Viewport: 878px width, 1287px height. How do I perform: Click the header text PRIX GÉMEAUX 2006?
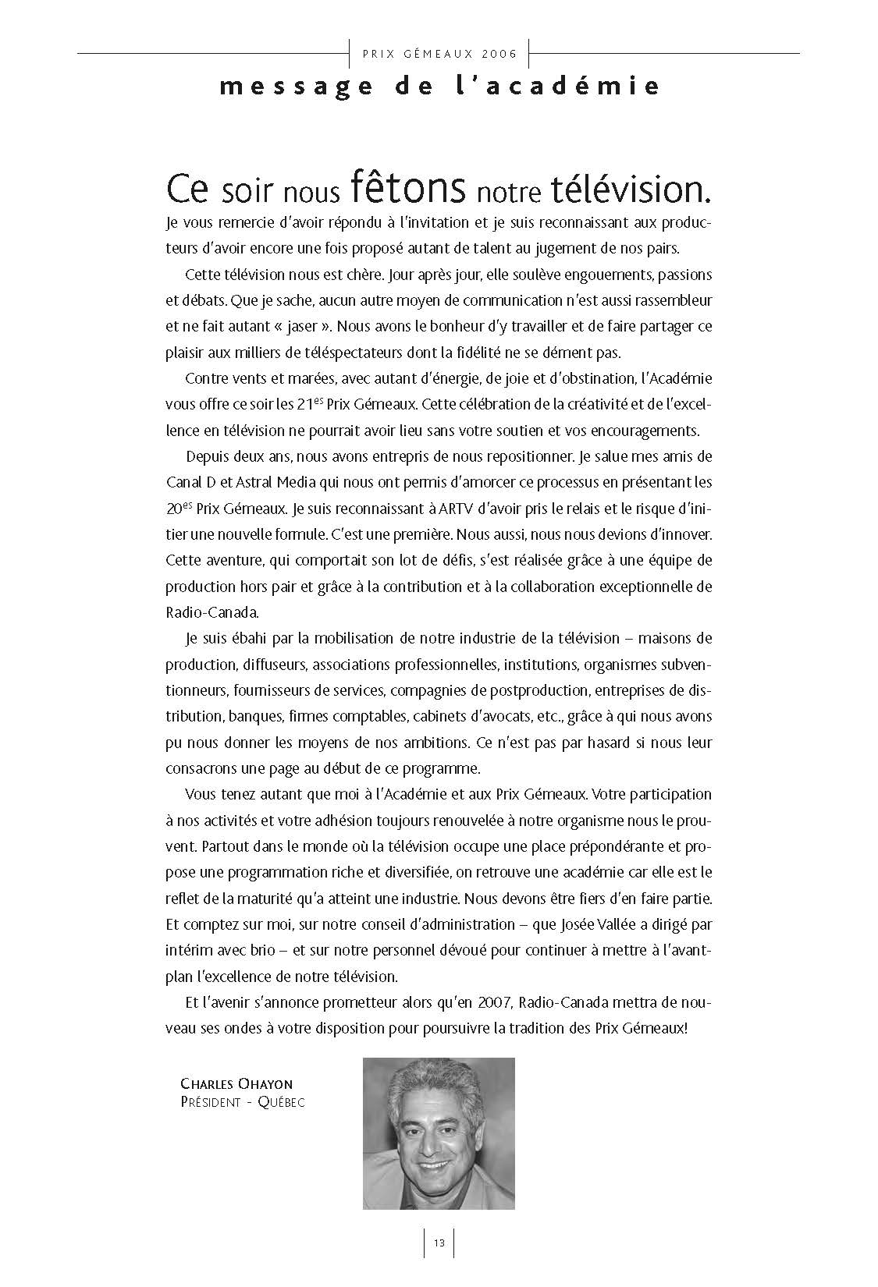click(x=439, y=54)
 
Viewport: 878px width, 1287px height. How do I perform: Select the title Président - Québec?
click(x=242, y=1102)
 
